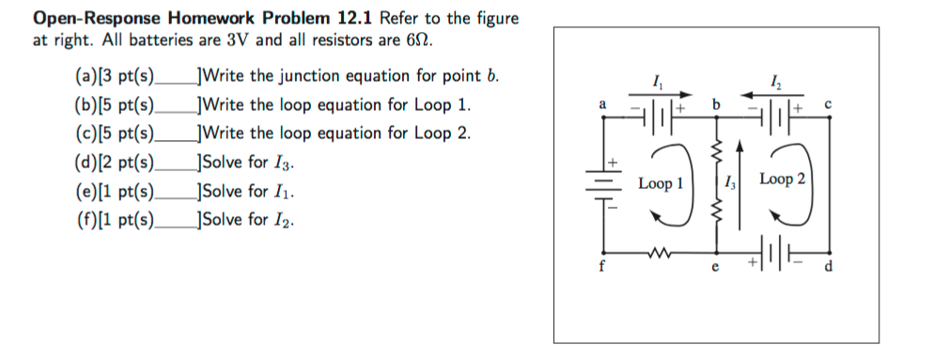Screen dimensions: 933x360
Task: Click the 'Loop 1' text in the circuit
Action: click(x=660, y=183)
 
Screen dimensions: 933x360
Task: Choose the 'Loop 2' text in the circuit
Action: click(x=782, y=179)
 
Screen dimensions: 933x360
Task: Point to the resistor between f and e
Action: click(x=660, y=251)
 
